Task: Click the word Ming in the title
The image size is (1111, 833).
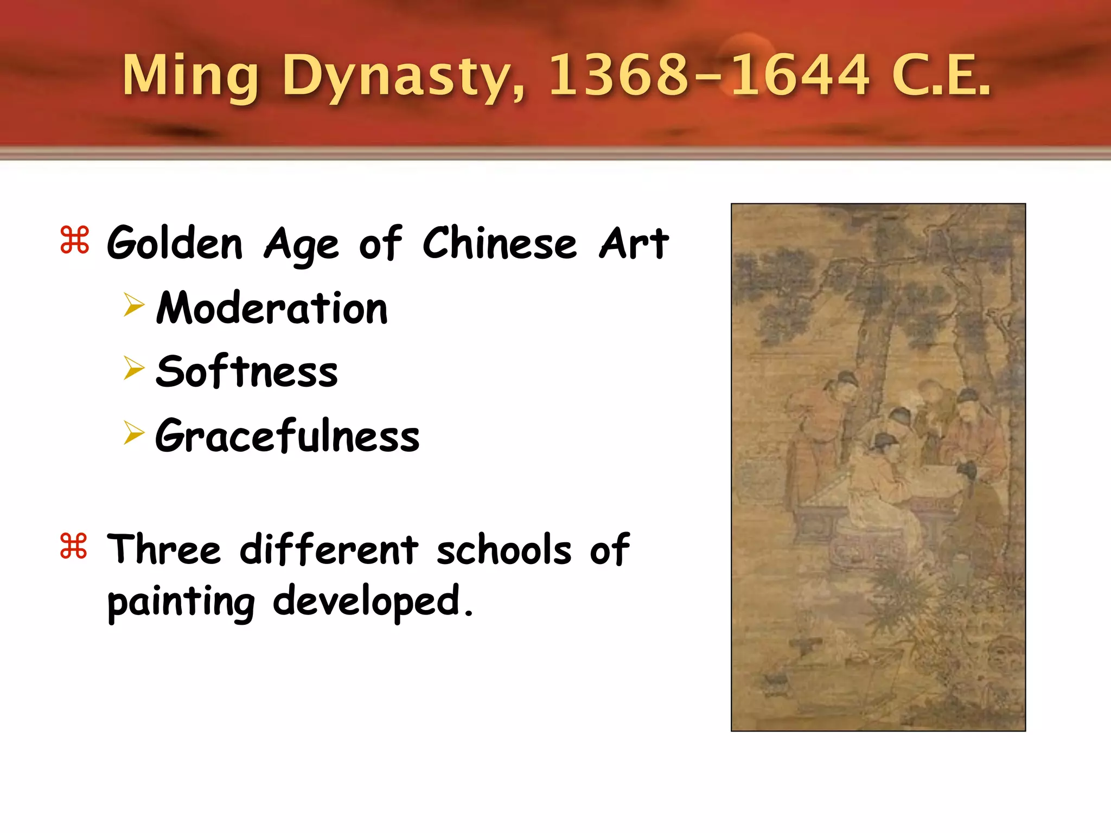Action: pyautogui.click(x=190, y=76)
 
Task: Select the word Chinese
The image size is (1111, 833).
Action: pyautogui.click(x=500, y=242)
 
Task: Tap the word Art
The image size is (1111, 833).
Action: pyautogui.click(x=634, y=242)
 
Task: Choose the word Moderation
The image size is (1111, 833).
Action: pyautogui.click(x=272, y=308)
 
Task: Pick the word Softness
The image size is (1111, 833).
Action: pyautogui.click(x=247, y=371)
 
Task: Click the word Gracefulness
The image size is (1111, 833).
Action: pyautogui.click(x=287, y=435)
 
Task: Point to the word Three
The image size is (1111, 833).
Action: pyautogui.click(x=164, y=549)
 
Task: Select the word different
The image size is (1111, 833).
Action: pyautogui.click(x=329, y=549)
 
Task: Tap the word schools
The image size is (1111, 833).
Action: pyautogui.click(x=504, y=549)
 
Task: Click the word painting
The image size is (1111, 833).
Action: pyautogui.click(x=181, y=602)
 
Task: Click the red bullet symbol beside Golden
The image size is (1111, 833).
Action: pyautogui.click(x=74, y=240)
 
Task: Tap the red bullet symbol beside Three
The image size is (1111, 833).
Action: pyautogui.click(x=74, y=546)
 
